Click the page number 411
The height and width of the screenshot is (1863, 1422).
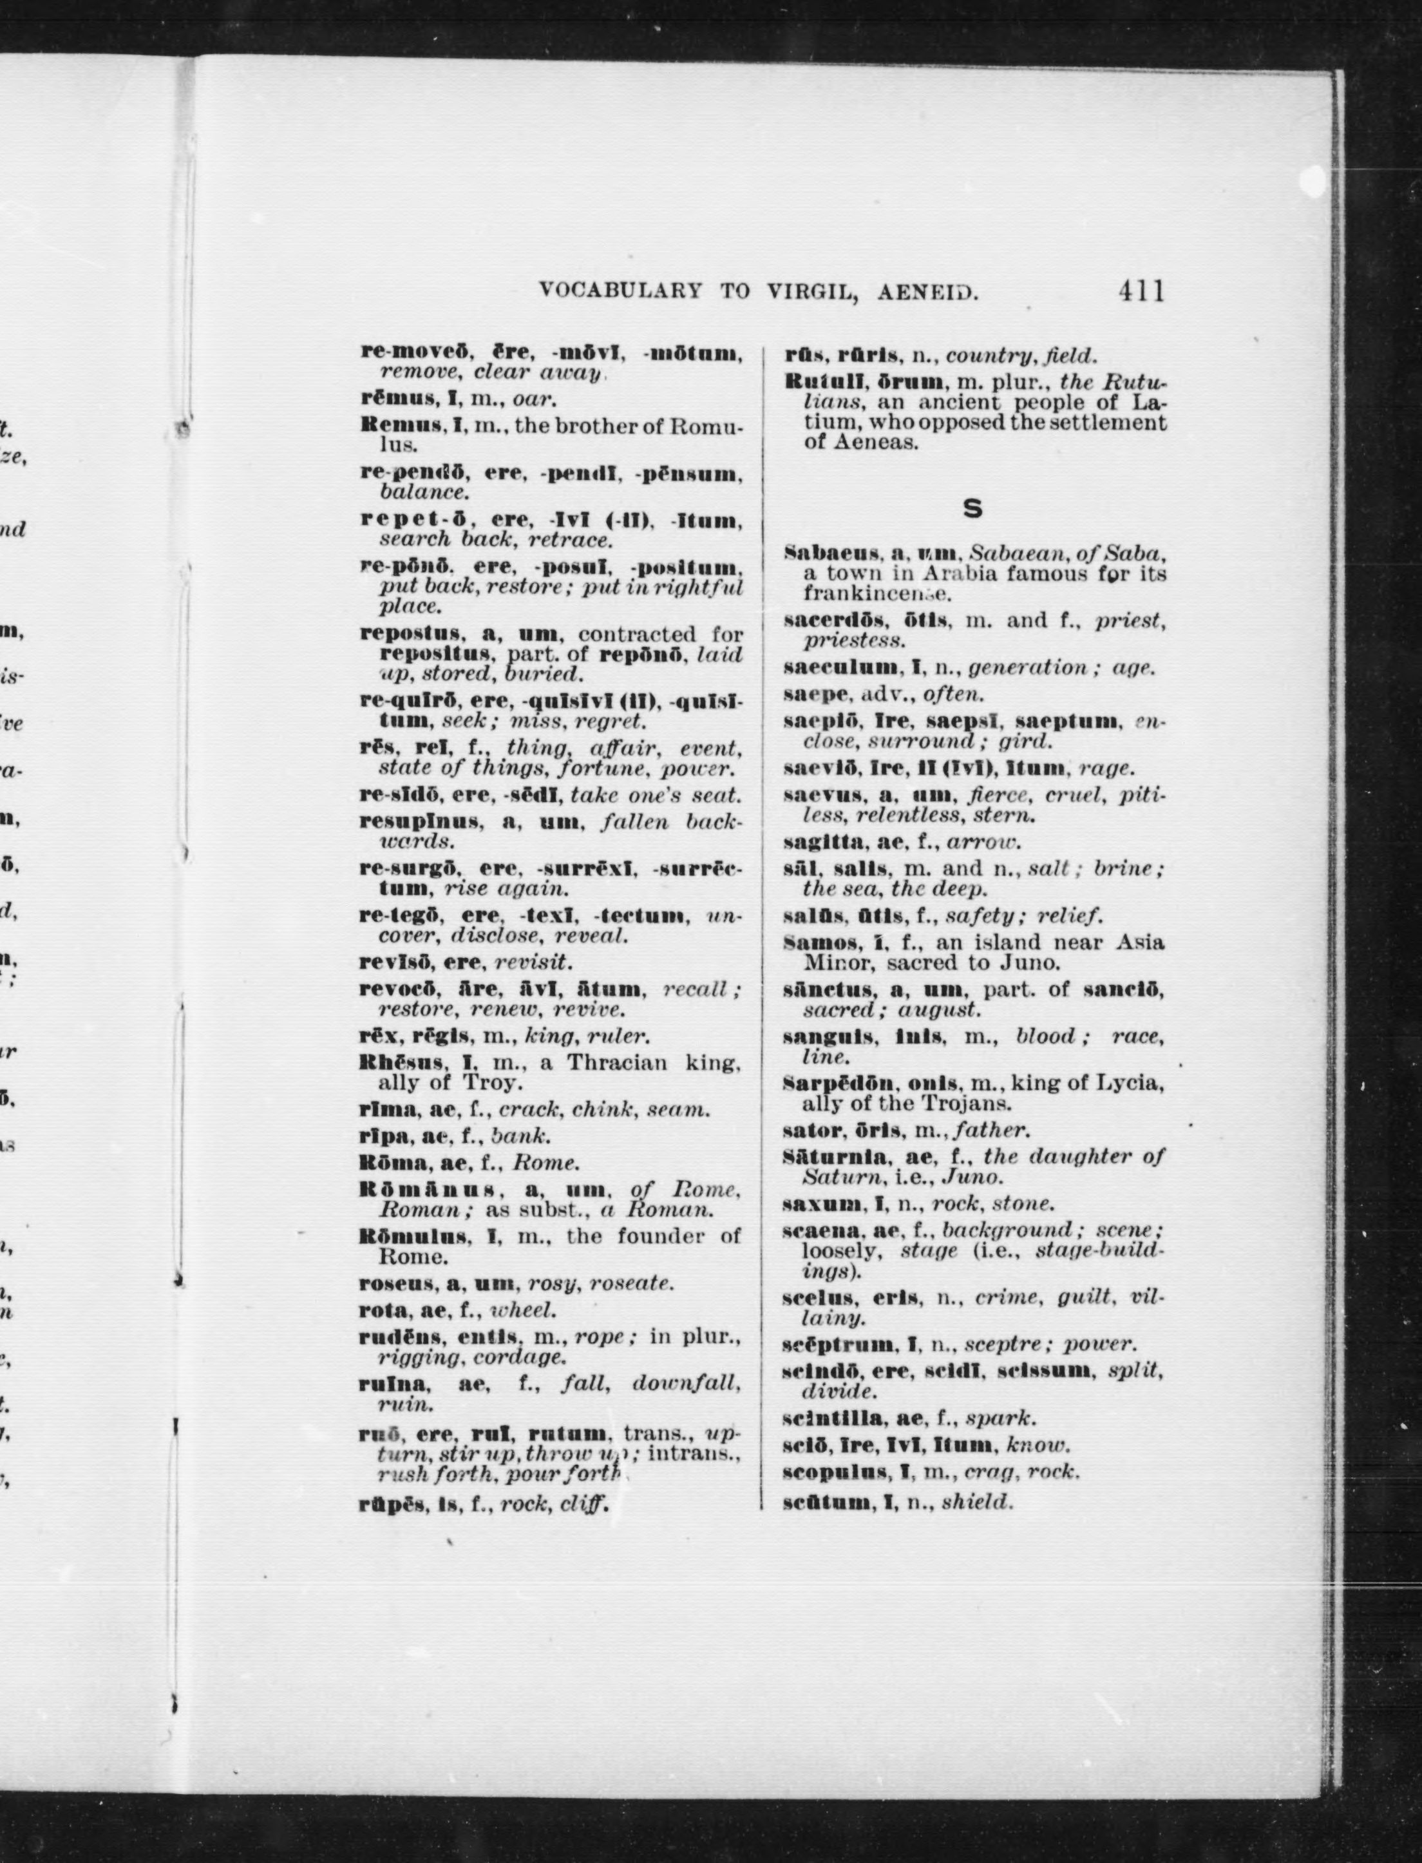1140,291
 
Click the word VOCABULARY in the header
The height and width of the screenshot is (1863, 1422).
620,292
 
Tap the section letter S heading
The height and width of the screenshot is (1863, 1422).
973,508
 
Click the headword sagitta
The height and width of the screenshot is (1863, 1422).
825,842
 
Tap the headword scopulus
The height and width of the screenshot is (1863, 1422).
835,1472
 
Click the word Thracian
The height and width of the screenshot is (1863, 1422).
625,1062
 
